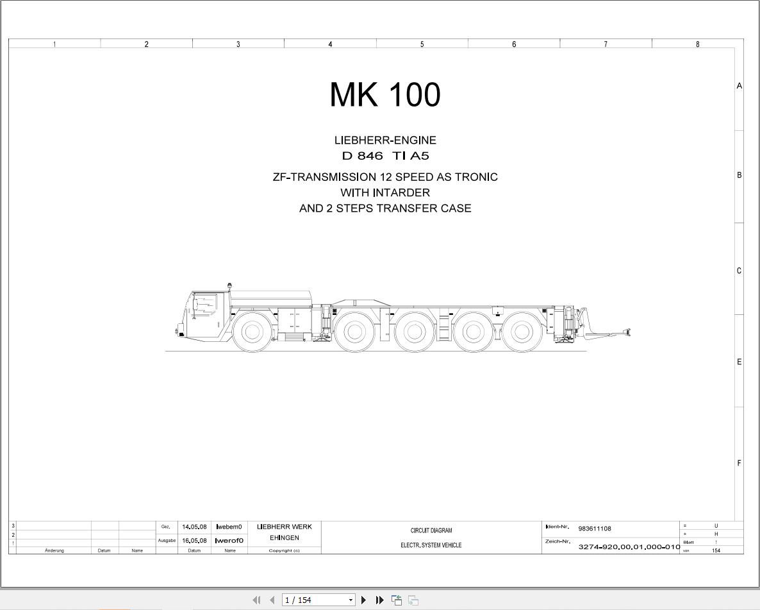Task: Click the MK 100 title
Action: [x=384, y=95]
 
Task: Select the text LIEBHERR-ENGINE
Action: [x=384, y=140]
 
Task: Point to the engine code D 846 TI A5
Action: [x=384, y=156]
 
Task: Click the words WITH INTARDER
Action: [x=384, y=192]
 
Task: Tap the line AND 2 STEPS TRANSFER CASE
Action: [x=384, y=208]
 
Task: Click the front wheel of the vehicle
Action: [x=251, y=331]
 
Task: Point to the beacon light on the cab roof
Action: [x=229, y=285]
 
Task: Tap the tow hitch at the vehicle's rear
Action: [x=615, y=332]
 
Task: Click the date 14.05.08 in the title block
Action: [x=194, y=527]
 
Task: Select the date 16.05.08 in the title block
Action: [x=194, y=541]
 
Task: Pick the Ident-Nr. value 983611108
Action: [x=594, y=529]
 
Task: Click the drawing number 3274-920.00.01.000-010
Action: [x=629, y=547]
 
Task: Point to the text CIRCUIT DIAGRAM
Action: [x=431, y=530]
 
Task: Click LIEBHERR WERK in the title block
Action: [x=284, y=527]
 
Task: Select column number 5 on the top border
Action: [x=422, y=44]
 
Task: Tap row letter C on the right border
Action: [x=739, y=271]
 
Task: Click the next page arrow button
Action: [x=363, y=600]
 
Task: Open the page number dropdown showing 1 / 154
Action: [x=351, y=600]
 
